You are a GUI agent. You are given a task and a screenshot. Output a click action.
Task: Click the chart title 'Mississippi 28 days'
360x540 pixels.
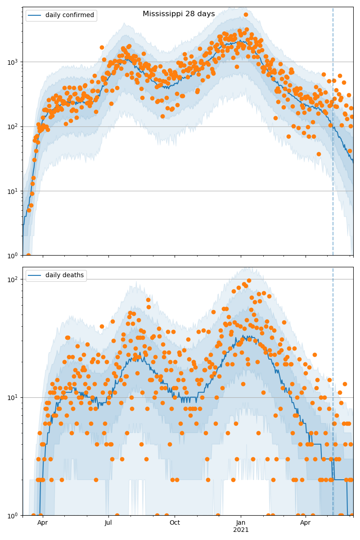click(x=179, y=14)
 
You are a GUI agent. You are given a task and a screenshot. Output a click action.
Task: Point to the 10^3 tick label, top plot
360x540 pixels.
click(x=14, y=62)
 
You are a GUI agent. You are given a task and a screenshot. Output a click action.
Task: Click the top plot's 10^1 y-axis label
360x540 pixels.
click(x=14, y=191)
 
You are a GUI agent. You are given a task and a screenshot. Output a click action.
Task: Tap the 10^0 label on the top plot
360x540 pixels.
click(x=14, y=255)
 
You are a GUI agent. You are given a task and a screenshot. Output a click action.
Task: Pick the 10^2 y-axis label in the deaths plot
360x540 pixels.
click(x=14, y=279)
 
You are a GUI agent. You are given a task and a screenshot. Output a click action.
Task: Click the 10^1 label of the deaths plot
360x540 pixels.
click(x=14, y=397)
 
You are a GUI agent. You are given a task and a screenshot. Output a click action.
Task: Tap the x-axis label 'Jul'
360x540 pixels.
click(x=108, y=522)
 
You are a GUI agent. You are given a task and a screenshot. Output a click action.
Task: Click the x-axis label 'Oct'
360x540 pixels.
click(x=175, y=522)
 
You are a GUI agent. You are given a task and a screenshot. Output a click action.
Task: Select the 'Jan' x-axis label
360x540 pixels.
click(x=241, y=522)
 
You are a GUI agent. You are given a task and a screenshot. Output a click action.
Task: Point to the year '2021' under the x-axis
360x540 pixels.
click(x=241, y=530)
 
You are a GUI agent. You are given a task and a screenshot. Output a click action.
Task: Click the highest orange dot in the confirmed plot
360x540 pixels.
click(x=246, y=14)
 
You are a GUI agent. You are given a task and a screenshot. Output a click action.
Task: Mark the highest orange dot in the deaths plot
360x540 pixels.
click(x=249, y=280)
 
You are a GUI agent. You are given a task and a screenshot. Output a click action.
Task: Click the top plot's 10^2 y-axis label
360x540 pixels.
click(x=14, y=126)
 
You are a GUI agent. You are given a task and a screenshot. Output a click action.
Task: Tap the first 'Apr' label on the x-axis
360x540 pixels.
click(x=43, y=522)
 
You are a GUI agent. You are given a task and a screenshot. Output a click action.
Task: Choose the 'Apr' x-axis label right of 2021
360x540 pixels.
click(x=306, y=522)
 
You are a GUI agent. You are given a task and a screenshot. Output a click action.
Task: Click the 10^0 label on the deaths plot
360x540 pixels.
click(x=14, y=515)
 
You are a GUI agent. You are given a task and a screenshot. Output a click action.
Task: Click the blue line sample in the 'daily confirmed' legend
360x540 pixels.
click(x=35, y=15)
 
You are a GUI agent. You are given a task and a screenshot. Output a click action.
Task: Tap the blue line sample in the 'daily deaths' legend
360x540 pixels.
click(x=35, y=275)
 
